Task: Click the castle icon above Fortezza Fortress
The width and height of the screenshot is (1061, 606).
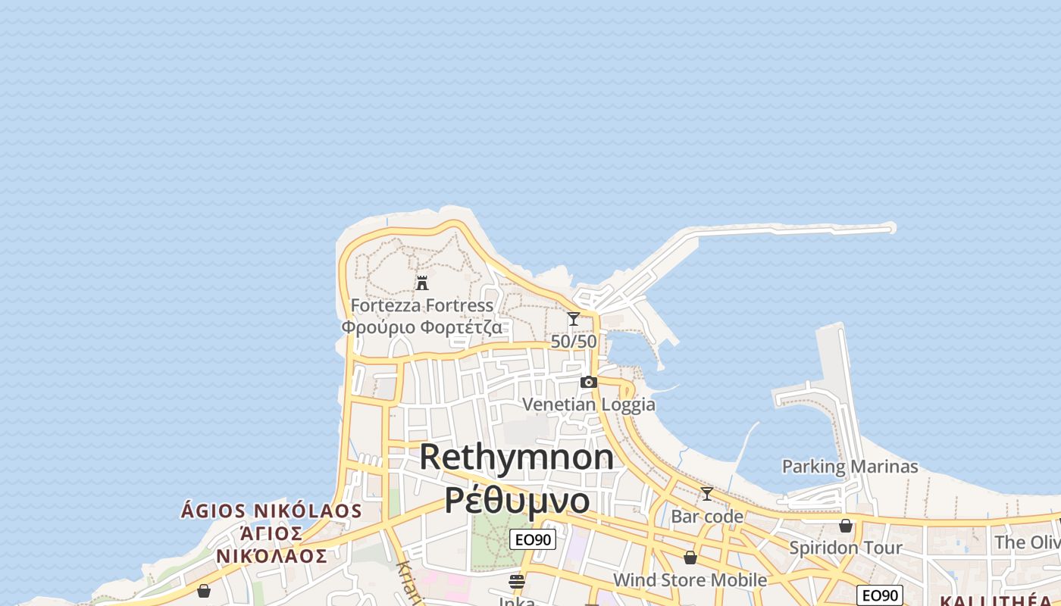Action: click(422, 283)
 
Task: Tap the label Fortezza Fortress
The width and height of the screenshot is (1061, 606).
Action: click(421, 305)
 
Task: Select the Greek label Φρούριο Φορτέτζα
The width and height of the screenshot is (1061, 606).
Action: click(421, 327)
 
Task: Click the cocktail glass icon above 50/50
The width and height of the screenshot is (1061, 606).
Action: click(574, 319)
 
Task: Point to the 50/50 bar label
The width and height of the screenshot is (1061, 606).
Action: click(574, 342)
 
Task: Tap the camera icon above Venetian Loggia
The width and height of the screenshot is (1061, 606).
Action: click(588, 383)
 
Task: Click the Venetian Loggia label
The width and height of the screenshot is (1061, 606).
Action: click(589, 405)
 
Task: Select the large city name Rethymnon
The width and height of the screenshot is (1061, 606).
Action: click(516, 457)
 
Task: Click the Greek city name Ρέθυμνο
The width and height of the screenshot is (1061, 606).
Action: click(516, 500)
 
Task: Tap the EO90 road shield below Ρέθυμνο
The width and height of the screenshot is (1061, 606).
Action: click(533, 539)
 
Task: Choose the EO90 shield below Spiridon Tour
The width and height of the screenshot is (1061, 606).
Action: click(879, 595)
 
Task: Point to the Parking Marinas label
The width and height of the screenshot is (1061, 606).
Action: click(850, 467)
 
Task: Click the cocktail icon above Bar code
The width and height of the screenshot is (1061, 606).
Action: click(707, 494)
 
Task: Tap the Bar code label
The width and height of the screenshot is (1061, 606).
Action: click(707, 517)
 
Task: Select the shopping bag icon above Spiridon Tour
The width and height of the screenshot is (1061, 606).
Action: click(846, 526)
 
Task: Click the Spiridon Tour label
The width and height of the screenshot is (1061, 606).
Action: click(846, 548)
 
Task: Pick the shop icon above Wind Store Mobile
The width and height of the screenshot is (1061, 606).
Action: click(690, 558)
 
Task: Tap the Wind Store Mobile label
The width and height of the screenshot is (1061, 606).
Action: click(690, 580)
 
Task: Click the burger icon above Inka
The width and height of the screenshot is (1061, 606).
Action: click(517, 582)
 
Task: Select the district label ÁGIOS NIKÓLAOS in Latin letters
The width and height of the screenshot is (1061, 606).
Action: click(271, 511)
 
